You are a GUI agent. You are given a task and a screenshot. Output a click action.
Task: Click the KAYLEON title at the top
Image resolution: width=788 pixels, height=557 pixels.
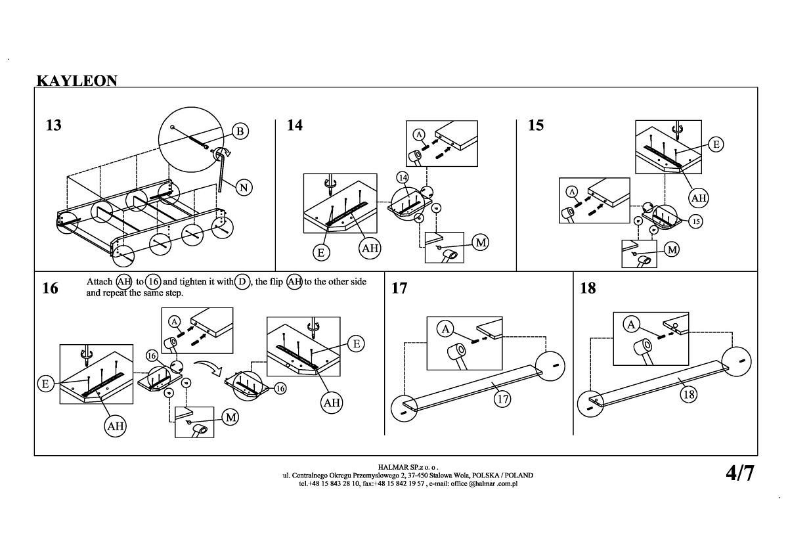click(x=77, y=81)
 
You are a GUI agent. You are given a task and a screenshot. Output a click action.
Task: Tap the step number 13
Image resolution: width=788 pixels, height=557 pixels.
click(x=53, y=125)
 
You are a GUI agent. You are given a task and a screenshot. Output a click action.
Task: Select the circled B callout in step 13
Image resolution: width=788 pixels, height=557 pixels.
click(x=240, y=131)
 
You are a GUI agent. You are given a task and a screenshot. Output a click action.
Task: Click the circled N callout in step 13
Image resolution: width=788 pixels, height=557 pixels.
click(x=244, y=187)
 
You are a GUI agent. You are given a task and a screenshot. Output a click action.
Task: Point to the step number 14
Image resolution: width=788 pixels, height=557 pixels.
click(x=295, y=125)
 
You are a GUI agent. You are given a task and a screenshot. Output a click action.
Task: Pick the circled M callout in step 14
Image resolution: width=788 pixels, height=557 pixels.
click(x=481, y=242)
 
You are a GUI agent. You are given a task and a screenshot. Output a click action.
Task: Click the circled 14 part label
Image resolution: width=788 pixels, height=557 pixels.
click(x=403, y=178)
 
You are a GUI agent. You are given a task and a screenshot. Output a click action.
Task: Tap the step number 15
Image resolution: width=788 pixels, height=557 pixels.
click(x=536, y=125)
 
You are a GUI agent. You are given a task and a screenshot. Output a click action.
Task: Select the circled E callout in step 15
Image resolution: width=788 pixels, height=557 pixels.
click(x=716, y=145)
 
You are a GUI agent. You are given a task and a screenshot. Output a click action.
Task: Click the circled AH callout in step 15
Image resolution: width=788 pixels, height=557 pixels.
click(x=699, y=197)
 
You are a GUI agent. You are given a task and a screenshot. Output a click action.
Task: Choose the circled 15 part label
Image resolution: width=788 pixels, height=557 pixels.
click(x=696, y=221)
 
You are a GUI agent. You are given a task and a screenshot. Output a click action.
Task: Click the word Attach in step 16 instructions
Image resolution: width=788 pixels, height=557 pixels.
click(x=99, y=282)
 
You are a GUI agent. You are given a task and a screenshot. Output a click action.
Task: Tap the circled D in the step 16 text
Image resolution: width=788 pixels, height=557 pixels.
click(x=242, y=282)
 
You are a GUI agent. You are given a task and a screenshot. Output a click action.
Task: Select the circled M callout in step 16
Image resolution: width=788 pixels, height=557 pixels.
click(x=230, y=417)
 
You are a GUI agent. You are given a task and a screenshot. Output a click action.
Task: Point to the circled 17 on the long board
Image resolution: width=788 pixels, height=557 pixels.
click(x=502, y=398)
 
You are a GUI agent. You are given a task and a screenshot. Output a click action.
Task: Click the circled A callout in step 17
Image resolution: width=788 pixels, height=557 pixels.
click(x=446, y=328)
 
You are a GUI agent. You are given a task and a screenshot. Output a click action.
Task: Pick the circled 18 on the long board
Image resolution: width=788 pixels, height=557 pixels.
click(x=688, y=394)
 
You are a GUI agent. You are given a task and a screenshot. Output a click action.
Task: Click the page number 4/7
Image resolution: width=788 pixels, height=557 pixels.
click(x=739, y=473)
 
